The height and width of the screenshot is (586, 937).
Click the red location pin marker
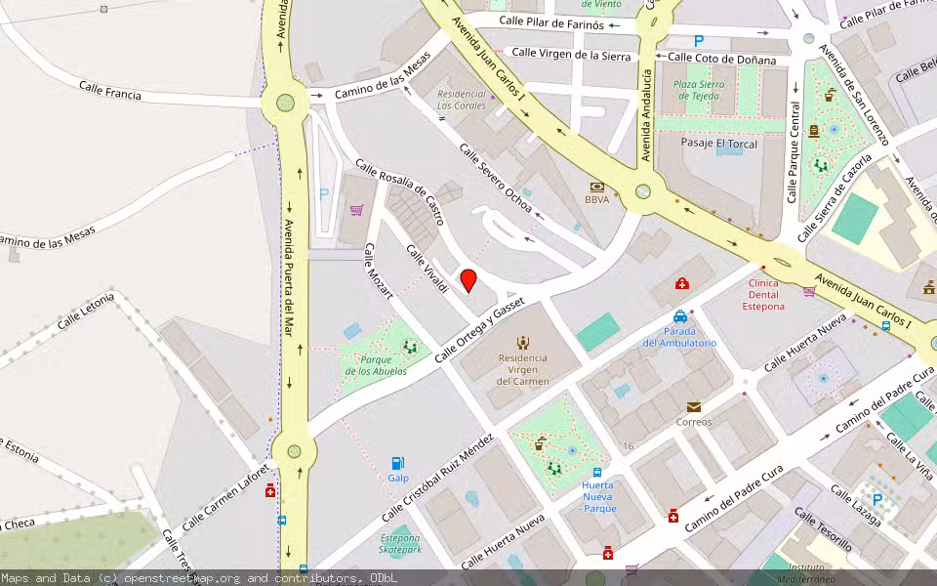[468, 279]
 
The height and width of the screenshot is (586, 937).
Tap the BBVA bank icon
[596, 186]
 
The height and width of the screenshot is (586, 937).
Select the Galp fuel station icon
[397, 463]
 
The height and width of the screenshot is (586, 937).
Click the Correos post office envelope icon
[693, 406]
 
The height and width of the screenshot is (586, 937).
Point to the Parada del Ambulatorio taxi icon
[680, 316]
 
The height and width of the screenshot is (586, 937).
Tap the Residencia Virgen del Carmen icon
[523, 342]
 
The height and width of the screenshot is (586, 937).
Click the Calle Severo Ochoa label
[496, 179]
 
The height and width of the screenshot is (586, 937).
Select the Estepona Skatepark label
[399, 544]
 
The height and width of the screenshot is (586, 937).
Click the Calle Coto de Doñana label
[722, 61]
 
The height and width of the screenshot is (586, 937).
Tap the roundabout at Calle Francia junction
[286, 102]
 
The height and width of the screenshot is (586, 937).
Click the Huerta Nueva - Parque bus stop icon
[596, 473]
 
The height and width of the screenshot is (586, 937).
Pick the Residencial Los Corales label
[462, 100]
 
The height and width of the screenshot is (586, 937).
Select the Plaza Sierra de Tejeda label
[699, 90]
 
